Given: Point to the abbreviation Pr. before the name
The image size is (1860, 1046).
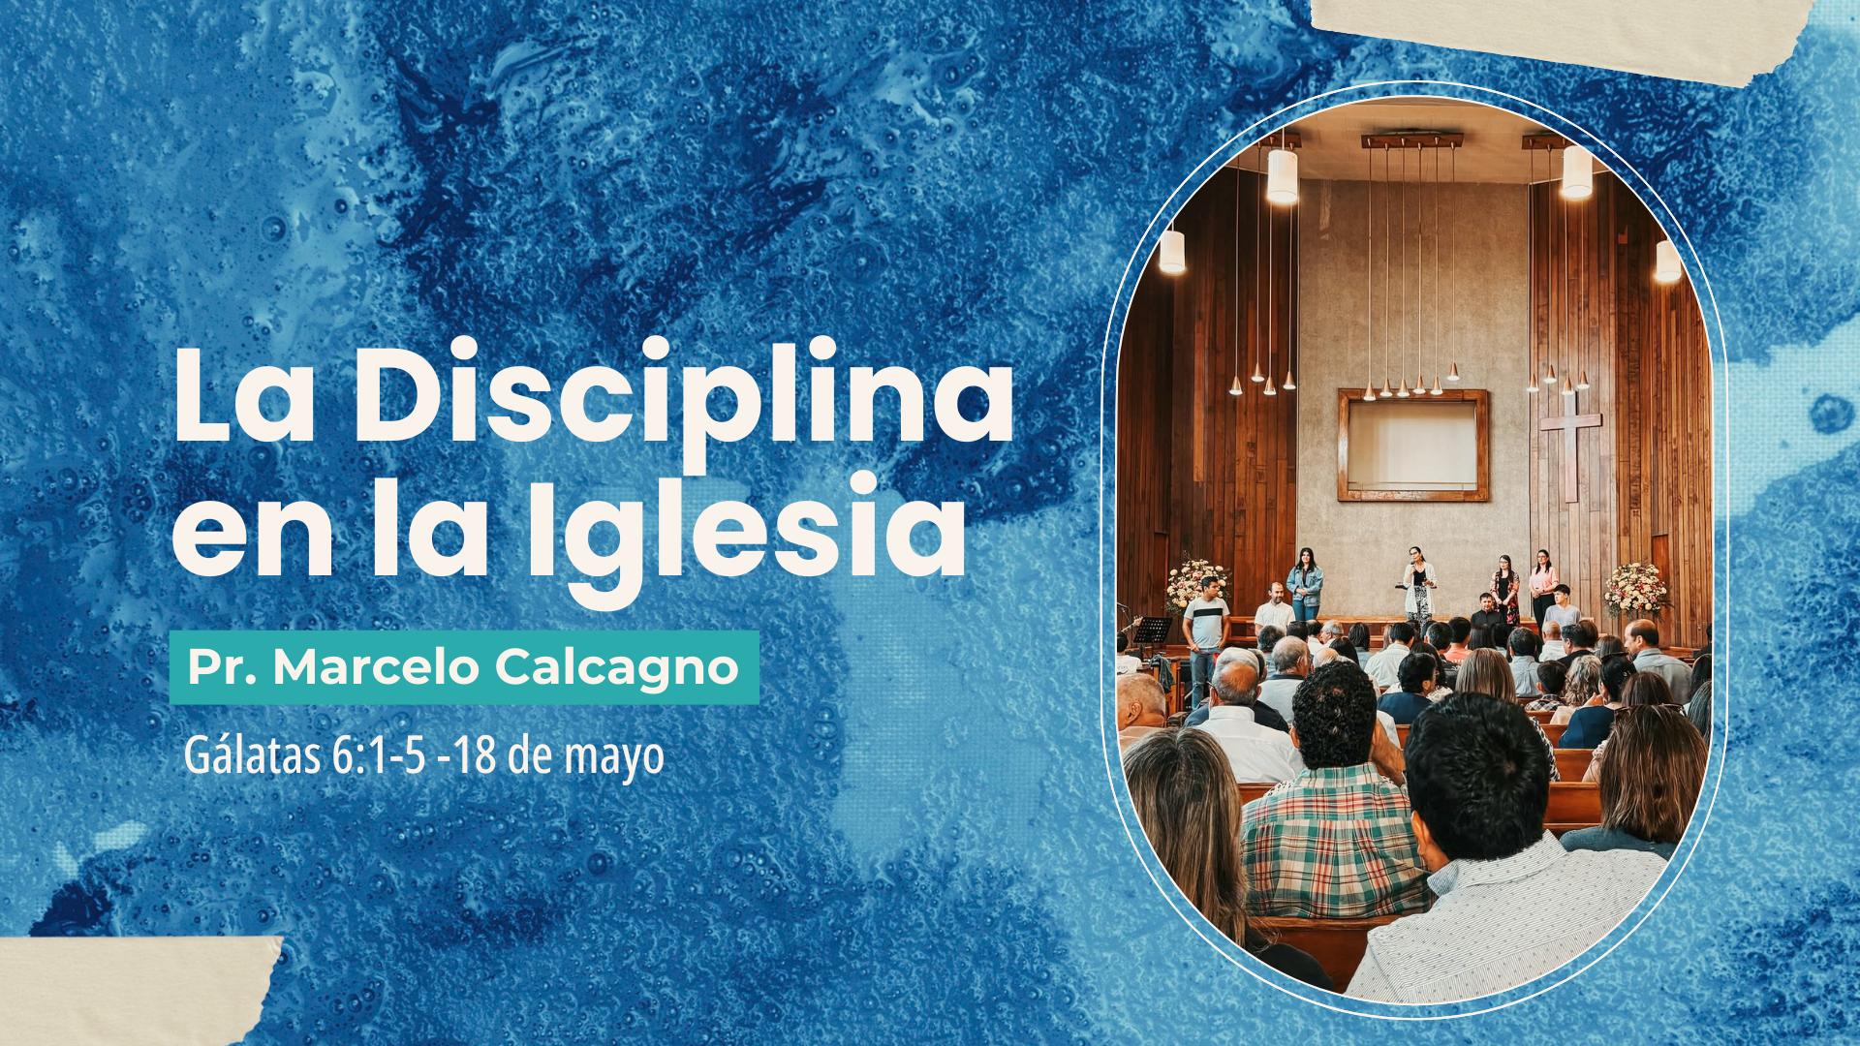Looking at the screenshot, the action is pos(223,667).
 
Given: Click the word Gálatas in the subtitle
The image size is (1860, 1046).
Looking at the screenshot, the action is pos(253,755).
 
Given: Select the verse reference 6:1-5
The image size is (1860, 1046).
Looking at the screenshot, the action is pos(379,755).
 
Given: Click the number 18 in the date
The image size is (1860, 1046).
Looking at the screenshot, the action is pos(476,755).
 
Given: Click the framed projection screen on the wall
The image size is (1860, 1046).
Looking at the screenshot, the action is pos(1412,446).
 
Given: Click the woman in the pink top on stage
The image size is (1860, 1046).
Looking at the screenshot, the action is pos(1542,580).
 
